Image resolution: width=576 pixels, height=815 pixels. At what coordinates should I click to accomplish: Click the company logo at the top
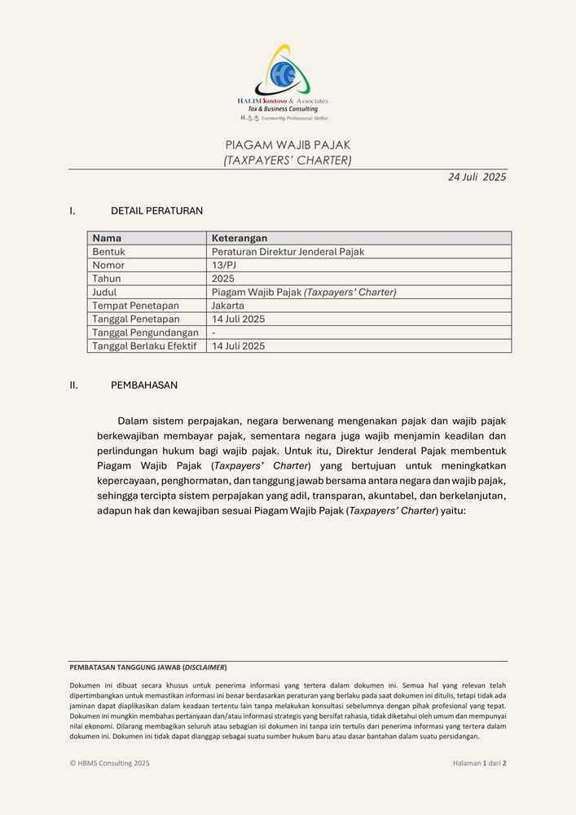click(x=283, y=81)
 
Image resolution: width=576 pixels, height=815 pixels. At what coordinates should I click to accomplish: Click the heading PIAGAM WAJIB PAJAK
click(x=288, y=144)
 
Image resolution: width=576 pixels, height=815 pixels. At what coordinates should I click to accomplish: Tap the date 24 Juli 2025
click(x=477, y=177)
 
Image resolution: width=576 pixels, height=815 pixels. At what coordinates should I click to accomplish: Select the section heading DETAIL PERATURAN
click(x=156, y=211)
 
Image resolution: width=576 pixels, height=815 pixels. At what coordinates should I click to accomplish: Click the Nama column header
click(x=107, y=238)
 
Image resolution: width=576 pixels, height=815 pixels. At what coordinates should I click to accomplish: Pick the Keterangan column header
click(x=240, y=238)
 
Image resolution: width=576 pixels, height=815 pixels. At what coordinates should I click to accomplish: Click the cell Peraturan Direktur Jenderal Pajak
click(x=288, y=252)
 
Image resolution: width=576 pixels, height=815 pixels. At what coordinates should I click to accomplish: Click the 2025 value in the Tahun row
click(x=223, y=279)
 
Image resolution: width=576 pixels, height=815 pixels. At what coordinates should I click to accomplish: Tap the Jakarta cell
click(x=228, y=306)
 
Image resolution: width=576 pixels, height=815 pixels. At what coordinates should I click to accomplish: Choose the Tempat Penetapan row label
click(x=135, y=306)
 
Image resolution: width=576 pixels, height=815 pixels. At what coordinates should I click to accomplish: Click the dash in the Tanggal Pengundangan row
click(x=213, y=333)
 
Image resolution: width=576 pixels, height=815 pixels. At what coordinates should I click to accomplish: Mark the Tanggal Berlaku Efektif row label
click(x=144, y=346)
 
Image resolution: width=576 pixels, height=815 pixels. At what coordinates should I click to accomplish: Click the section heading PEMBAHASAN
click(x=144, y=385)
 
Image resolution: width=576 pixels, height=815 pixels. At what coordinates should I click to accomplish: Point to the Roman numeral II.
click(x=74, y=385)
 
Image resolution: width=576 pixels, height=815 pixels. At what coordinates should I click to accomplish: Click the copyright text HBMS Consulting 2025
click(x=110, y=764)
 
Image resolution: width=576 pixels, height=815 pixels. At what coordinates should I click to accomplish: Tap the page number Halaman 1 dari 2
click(x=479, y=764)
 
